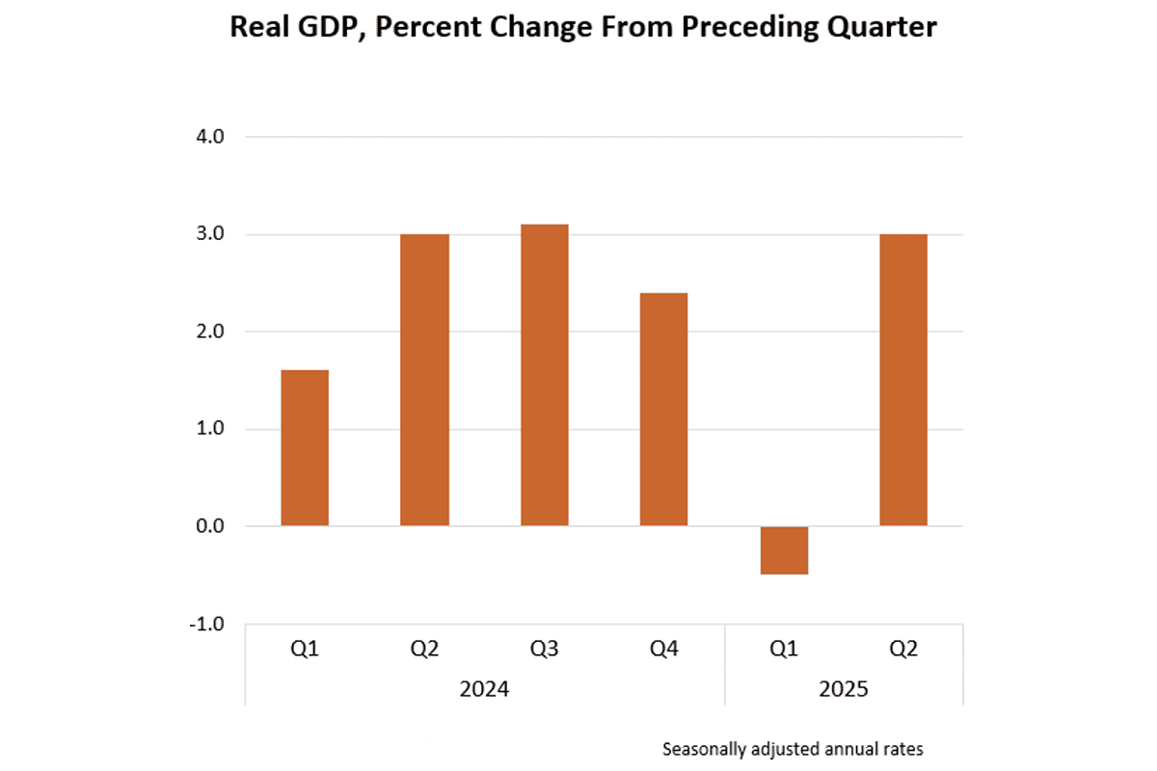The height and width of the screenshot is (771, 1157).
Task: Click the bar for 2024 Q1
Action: click(x=305, y=448)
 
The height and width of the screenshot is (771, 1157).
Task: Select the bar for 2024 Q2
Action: click(x=424, y=380)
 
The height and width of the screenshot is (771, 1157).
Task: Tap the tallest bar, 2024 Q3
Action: click(x=545, y=375)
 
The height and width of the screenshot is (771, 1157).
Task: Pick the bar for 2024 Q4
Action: click(x=664, y=409)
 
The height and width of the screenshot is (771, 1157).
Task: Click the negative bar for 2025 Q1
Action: click(x=784, y=550)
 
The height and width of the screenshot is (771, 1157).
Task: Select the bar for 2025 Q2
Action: click(x=903, y=380)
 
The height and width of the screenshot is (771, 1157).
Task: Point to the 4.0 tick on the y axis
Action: click(x=210, y=137)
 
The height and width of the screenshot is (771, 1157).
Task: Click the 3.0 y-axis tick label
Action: click(x=210, y=234)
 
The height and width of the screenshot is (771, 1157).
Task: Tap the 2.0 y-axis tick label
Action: click(x=210, y=332)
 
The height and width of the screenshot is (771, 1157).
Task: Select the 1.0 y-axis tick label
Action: click(x=210, y=429)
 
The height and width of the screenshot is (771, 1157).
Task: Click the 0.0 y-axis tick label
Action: click(x=210, y=526)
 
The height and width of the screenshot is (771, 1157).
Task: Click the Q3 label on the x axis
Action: click(x=545, y=650)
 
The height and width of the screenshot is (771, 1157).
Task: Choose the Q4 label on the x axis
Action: click(x=664, y=650)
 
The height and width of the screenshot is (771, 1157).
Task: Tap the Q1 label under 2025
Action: click(x=784, y=650)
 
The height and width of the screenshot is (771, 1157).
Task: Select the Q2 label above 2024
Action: click(x=424, y=650)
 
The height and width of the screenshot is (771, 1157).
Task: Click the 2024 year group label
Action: click(x=484, y=690)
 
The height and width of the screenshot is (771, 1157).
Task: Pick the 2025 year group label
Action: click(x=844, y=690)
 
